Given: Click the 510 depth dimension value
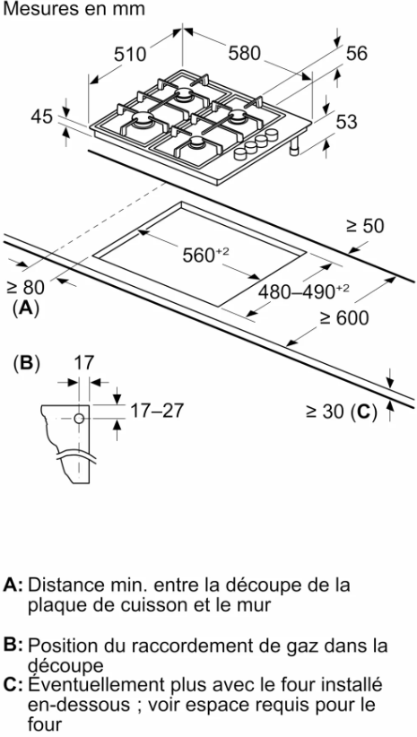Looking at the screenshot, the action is pos(130,55).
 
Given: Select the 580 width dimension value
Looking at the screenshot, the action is pos(245,53).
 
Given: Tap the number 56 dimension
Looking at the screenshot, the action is pos(356,53).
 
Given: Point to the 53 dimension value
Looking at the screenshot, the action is pos(347,122).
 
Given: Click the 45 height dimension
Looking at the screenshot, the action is pos(41,117).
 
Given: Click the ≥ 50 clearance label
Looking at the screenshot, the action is pos(365,226).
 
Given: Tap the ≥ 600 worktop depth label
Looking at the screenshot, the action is pos(344,318).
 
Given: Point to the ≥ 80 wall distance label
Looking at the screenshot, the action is pos(26,287).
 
